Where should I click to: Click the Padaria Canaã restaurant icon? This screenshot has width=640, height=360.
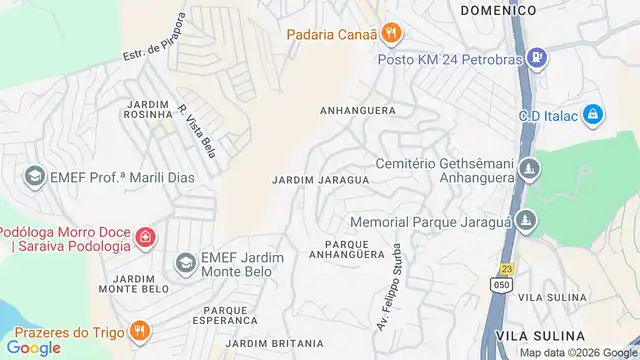(393, 34)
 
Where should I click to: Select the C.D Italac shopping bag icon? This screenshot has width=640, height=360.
(592, 115)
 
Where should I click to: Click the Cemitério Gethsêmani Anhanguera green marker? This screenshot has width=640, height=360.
(531, 169)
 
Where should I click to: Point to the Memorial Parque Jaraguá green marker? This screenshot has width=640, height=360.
(530, 221)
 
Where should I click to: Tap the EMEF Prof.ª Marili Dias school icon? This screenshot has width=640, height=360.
(34, 177)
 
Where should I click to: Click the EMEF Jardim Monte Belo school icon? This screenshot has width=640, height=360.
(185, 264)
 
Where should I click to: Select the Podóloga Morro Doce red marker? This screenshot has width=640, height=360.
(146, 238)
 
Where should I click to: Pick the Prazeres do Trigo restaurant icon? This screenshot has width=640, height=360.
(141, 331)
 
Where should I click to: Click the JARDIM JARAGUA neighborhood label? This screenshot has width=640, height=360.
(320, 180)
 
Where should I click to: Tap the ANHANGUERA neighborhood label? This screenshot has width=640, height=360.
(357, 110)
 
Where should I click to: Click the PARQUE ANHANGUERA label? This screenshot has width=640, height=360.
(355, 249)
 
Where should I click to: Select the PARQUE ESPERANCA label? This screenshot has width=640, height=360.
(230, 315)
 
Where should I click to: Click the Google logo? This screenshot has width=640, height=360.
(34, 347)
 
